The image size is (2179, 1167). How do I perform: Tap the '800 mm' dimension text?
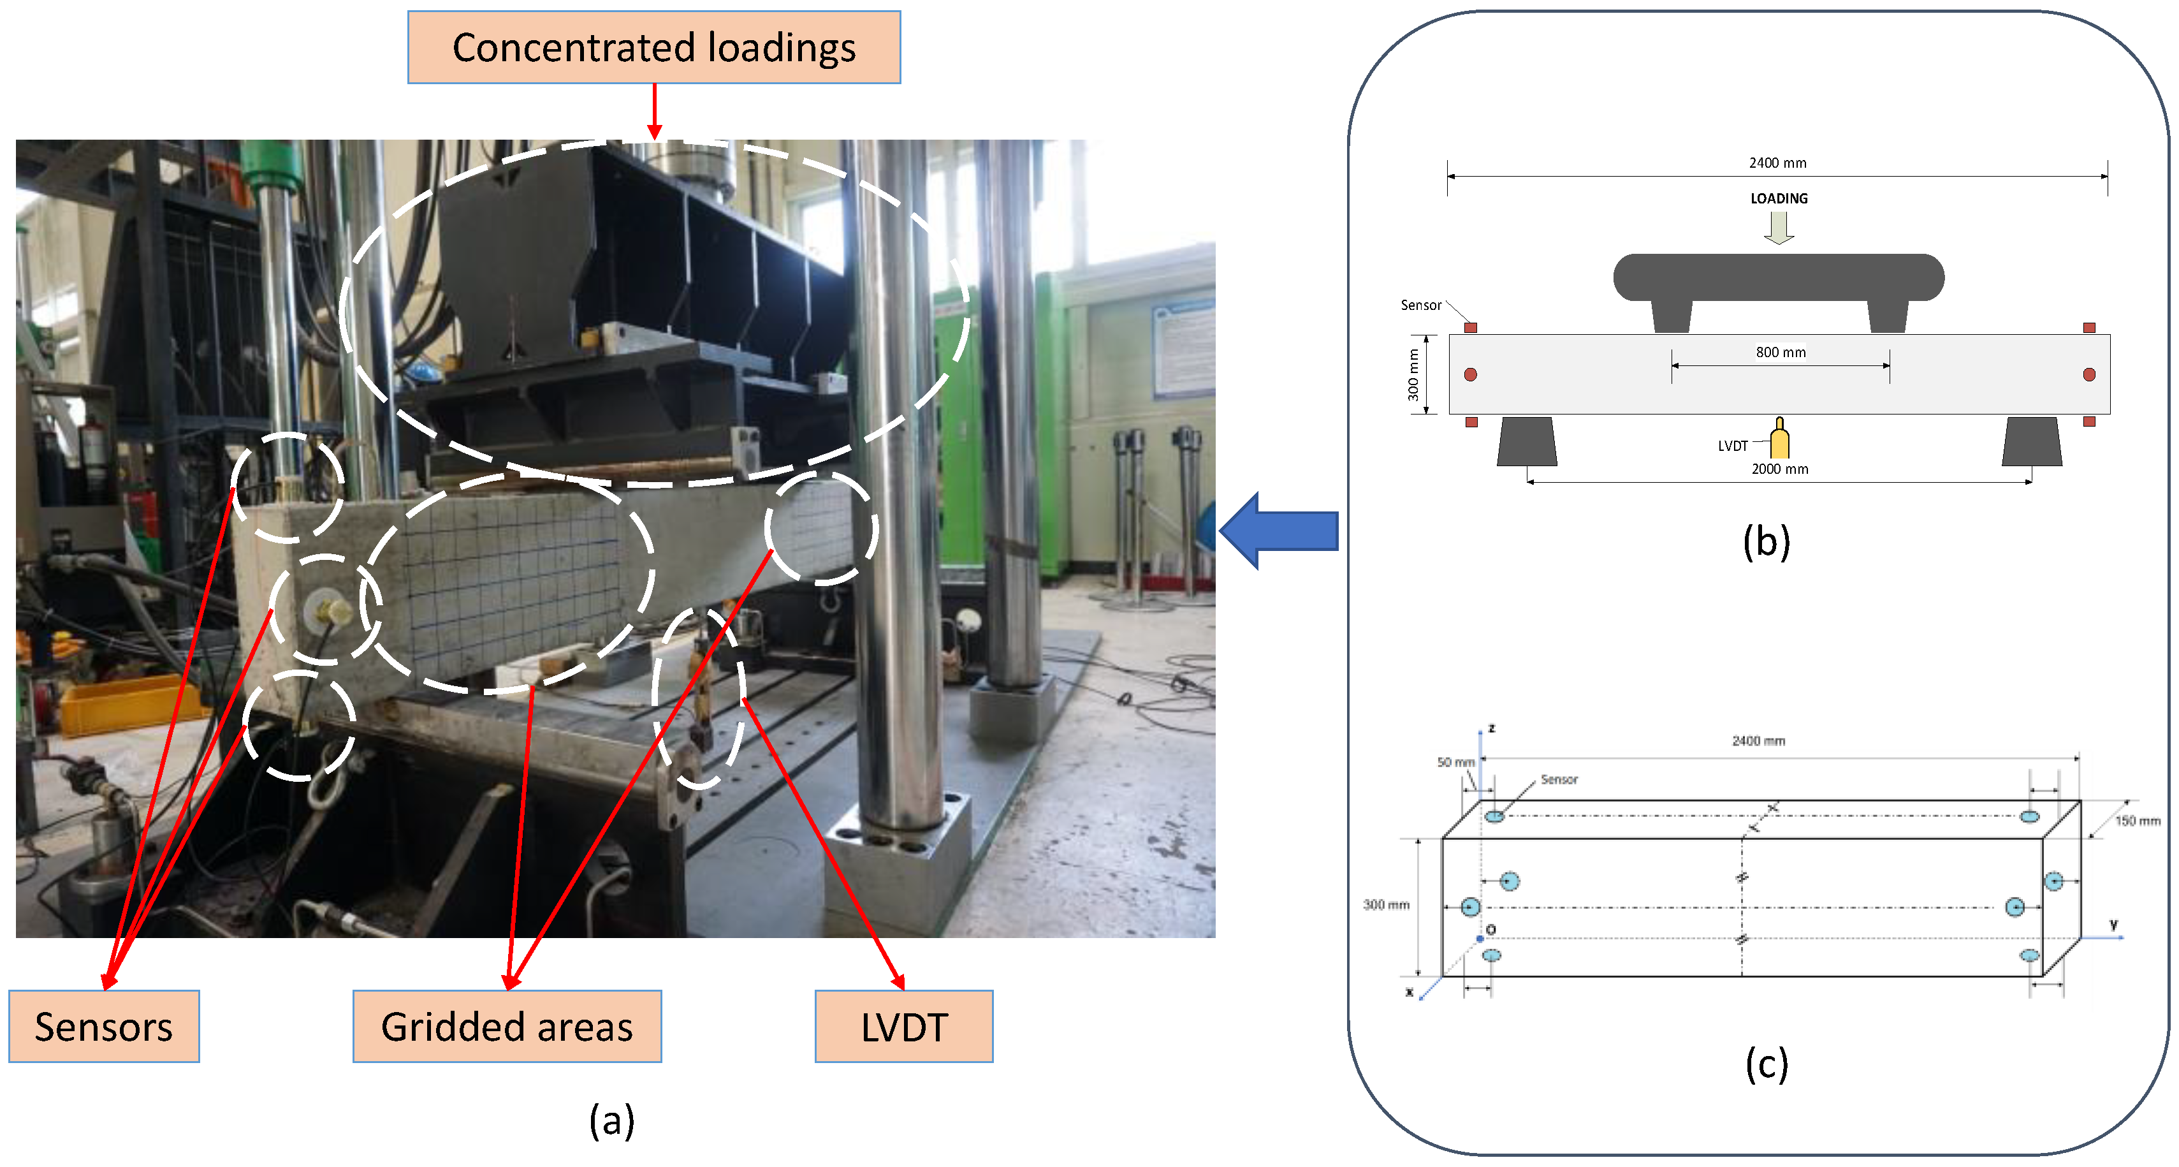[1780, 352]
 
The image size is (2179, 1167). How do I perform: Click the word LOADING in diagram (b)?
[1778, 198]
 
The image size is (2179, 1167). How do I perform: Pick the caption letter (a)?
[611, 1120]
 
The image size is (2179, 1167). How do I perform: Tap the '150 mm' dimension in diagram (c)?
[2137, 820]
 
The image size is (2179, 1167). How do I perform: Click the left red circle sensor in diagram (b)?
[1470, 374]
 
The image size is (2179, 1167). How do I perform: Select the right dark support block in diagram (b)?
[2031, 441]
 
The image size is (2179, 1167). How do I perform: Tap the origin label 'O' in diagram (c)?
[1490, 929]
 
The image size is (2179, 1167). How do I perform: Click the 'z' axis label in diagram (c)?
[1491, 728]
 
